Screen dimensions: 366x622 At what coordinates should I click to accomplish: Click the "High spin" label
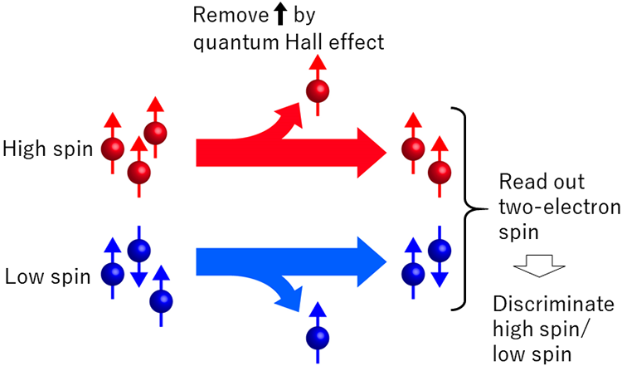tap(47, 149)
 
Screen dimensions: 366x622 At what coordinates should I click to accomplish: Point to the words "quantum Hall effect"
tap(288, 41)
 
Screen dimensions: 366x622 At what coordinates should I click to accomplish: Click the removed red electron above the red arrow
tap(316, 90)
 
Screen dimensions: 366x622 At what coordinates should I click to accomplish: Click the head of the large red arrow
tap(369, 152)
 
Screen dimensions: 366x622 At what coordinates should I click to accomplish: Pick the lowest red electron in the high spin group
tap(140, 173)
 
